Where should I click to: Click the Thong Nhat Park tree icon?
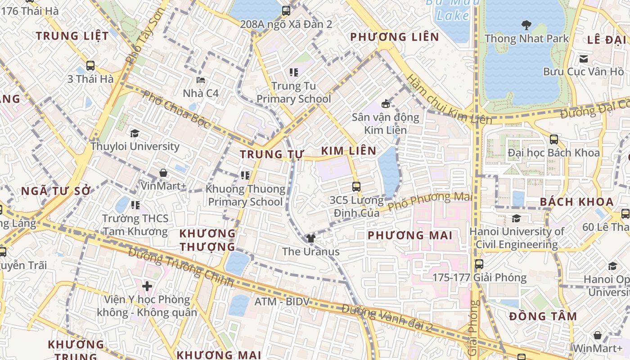(526, 25)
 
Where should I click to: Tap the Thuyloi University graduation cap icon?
(135, 133)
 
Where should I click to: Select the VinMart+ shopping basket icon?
(163, 172)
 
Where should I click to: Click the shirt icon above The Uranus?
(310, 238)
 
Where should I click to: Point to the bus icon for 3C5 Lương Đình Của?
(356, 186)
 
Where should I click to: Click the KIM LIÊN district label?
(349, 151)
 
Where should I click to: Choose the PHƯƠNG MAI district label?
(410, 235)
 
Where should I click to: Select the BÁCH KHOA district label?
(576, 202)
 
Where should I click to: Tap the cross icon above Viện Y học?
(147, 286)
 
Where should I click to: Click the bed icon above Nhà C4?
(201, 80)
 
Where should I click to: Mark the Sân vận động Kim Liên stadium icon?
(385, 104)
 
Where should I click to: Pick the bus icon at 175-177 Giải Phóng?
(479, 264)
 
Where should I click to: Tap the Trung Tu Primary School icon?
(294, 72)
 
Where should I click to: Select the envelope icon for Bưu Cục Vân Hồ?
(584, 58)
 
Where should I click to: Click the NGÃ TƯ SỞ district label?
(56, 191)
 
